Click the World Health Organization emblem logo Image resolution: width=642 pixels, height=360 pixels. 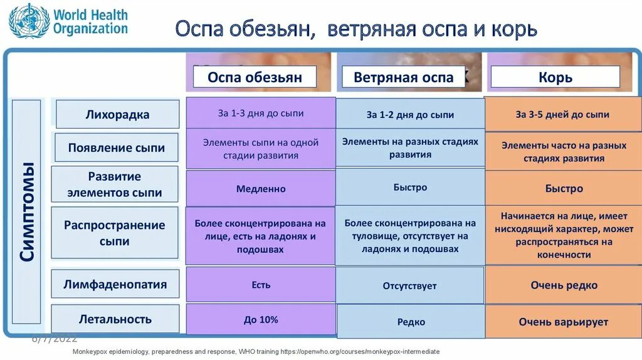[29, 21]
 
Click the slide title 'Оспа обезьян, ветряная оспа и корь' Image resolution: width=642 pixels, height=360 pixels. [355, 29]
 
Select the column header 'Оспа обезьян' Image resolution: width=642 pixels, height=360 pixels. [255, 77]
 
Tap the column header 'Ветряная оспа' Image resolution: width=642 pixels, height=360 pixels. [403, 77]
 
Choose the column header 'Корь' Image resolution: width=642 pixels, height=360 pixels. [555, 77]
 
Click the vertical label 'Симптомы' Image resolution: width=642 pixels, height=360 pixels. [26, 211]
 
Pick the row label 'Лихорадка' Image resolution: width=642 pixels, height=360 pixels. [117, 115]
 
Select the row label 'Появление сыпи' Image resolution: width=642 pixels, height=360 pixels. [117, 148]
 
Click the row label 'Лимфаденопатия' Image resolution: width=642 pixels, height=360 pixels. [115, 284]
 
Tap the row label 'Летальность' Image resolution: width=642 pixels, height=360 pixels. [115, 319]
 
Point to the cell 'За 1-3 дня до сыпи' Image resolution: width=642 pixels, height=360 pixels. [261, 114]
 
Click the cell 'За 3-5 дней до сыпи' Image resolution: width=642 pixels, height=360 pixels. [562, 114]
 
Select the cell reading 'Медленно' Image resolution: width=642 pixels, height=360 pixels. [261, 188]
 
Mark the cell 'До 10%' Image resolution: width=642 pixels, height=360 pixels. [261, 319]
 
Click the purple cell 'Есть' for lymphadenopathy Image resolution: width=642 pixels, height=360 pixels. [261, 284]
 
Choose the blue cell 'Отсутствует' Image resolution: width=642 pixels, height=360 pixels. [409, 285]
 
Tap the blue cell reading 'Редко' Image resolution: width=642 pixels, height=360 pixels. [411, 322]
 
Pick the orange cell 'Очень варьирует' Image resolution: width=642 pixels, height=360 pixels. [563, 322]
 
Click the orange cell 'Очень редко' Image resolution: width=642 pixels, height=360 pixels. [564, 285]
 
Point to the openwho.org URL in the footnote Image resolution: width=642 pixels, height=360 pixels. [365, 352]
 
